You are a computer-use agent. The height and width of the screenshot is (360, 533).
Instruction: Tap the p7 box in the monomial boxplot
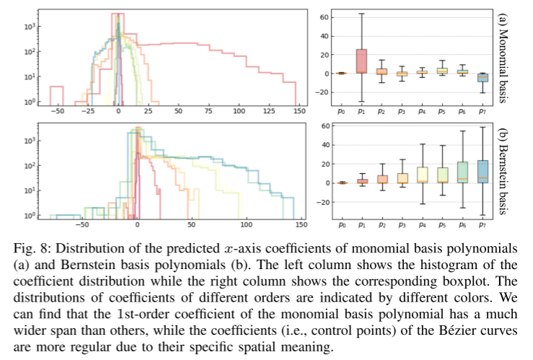point(483,77)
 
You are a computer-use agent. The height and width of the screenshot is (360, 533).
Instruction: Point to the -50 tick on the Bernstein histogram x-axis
point(82,225)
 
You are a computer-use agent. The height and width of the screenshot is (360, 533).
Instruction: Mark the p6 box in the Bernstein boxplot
point(462,172)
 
